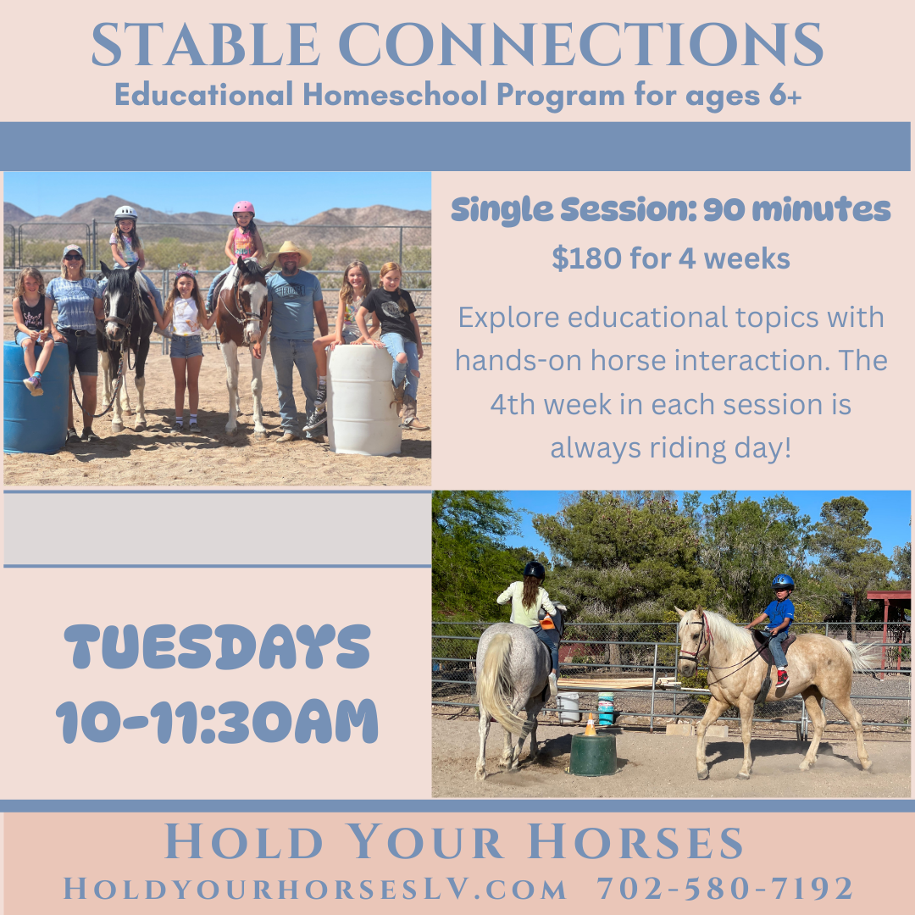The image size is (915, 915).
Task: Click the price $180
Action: click(x=585, y=259)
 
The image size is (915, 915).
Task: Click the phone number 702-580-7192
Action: click(x=725, y=889)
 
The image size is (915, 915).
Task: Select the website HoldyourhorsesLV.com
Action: click(x=315, y=889)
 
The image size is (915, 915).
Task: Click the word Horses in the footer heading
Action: click(x=636, y=843)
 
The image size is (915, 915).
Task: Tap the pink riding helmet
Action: click(x=243, y=208)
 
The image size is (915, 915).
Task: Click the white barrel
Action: click(x=365, y=398)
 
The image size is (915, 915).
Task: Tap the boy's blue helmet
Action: click(x=783, y=582)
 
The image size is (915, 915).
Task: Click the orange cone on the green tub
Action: click(x=591, y=725)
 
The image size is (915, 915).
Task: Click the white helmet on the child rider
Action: click(x=125, y=213)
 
